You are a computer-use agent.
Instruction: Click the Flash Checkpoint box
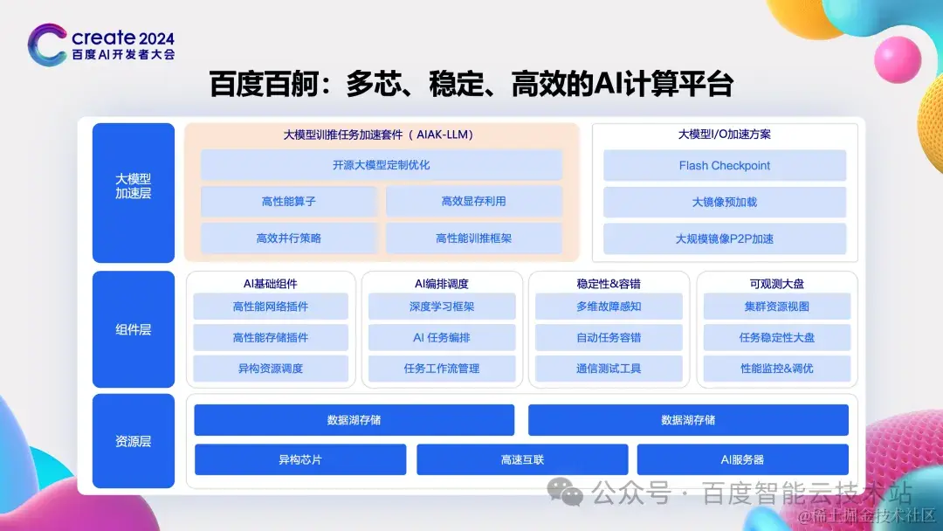[725, 166]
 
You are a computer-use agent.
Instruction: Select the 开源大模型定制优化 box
[382, 165]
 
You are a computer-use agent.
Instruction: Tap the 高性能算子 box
[289, 202]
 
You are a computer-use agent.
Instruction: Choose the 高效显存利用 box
[474, 202]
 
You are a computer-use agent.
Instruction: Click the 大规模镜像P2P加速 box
[725, 238]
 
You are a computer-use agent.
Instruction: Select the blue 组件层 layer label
[134, 329]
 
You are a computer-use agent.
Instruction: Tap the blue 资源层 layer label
[134, 441]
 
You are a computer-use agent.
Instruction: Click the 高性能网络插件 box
[271, 307]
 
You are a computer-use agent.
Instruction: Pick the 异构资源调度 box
[271, 369]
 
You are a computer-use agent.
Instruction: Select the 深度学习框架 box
[442, 307]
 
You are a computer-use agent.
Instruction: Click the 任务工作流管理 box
[442, 369]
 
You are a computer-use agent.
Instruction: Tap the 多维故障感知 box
[609, 307]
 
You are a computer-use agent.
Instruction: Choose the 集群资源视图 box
[776, 307]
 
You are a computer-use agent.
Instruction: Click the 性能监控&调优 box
[776, 369]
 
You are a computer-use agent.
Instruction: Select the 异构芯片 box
[300, 459]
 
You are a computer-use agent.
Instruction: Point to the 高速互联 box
[522, 459]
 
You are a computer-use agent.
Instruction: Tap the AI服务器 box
[743, 459]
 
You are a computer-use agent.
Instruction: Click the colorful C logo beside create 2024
[46, 45]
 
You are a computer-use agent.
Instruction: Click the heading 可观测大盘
[776, 284]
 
